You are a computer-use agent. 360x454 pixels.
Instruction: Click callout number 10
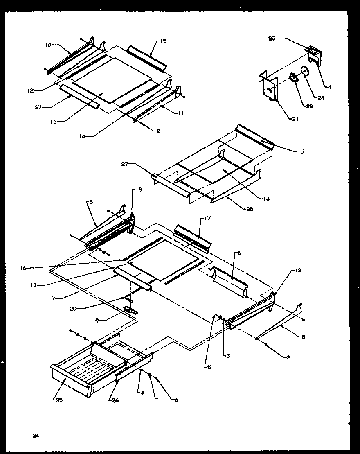point(48,45)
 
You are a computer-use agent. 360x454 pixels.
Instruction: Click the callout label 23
point(272,39)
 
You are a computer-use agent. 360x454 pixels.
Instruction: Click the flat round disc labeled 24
point(305,71)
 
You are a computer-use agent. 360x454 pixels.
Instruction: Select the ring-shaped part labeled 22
point(293,77)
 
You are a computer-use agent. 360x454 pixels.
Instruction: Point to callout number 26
point(115,400)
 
